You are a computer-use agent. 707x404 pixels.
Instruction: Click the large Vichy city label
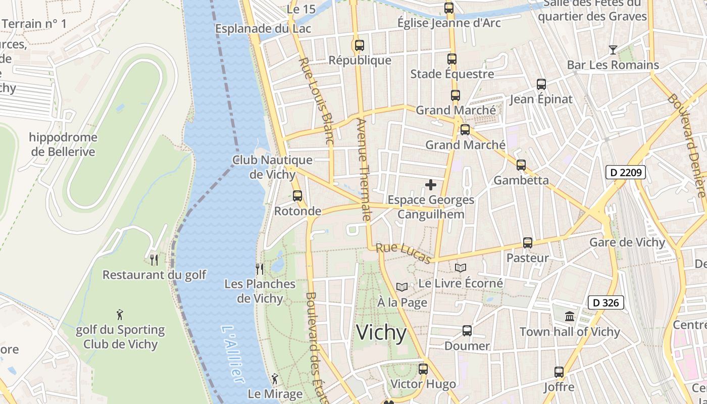[381, 333]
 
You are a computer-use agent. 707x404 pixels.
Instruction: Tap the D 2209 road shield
[626, 173]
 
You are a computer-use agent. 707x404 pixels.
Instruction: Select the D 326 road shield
[606, 303]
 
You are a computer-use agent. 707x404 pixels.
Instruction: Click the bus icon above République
[359, 45]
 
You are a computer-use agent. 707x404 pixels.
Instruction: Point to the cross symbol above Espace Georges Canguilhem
[431, 185]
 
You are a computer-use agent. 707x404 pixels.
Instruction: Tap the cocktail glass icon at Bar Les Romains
[613, 49]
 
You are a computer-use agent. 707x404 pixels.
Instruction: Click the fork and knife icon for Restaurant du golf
[154, 260]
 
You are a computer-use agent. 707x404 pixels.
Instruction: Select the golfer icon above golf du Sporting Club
[120, 315]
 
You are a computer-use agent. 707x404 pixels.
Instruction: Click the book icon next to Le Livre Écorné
[461, 268]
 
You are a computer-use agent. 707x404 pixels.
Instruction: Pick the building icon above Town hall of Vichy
[570, 317]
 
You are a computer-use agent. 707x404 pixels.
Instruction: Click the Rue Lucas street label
[403, 253]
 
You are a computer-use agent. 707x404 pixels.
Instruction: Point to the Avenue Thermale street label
[363, 170]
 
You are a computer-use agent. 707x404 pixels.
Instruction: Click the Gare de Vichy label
[627, 242]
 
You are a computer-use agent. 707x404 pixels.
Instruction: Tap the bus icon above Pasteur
[528, 243]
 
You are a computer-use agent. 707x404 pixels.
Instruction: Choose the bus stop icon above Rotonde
[297, 196]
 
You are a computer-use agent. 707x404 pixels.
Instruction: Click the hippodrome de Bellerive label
[63, 144]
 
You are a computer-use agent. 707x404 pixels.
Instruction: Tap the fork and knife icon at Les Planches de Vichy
[260, 269]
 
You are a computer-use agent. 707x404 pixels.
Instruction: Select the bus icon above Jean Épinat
[541, 84]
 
